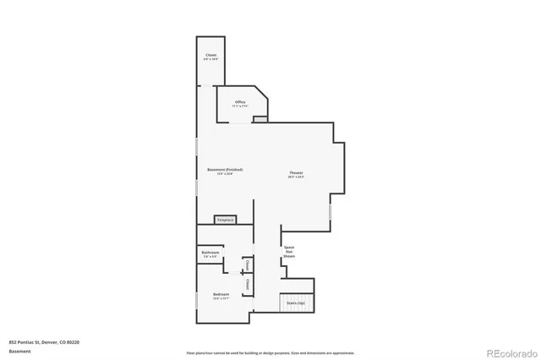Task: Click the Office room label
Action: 241,102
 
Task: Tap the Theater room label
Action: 295,172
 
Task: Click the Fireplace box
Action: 225,220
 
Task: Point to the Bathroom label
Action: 210,253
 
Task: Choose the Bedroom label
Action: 221,294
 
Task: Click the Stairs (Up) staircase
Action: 296,303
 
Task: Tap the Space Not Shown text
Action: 289,251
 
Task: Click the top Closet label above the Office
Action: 210,56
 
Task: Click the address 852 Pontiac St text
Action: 43,342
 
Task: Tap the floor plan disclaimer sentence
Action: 270,352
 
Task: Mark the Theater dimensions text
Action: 295,177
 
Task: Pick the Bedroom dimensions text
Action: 221,298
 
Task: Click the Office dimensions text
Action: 241,106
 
